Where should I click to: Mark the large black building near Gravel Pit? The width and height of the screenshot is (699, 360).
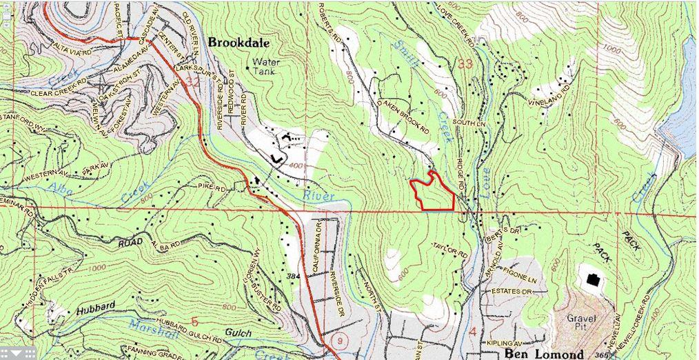(x=592, y=279)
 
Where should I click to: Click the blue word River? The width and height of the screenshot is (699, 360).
(x=321, y=197)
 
